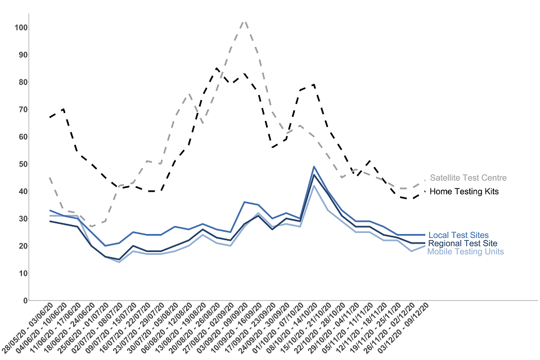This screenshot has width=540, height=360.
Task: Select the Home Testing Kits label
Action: tap(464, 192)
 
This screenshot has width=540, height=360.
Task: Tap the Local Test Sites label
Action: tap(458, 235)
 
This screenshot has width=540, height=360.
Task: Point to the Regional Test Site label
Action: tap(462, 244)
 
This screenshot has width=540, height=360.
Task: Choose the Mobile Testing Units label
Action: tap(465, 251)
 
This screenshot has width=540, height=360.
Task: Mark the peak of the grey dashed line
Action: tap(244, 21)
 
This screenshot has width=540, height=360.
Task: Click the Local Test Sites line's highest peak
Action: tap(313, 166)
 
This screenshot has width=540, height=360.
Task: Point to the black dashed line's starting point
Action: tap(51, 118)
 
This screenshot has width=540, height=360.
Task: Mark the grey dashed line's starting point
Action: tap(51, 178)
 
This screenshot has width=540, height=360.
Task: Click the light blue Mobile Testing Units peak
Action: tap(313, 186)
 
